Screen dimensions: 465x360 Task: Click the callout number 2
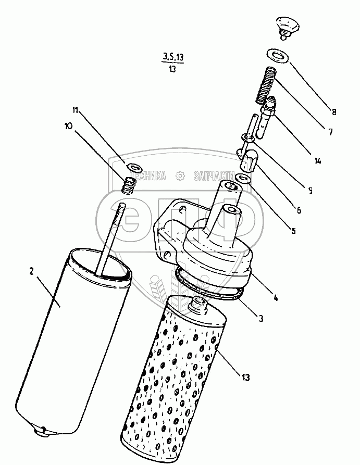coord(31,271)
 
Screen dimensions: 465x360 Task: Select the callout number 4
coord(276,298)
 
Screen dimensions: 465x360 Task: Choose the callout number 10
coord(68,126)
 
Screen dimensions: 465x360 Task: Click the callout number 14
coord(318,161)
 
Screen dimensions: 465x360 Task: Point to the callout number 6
coord(298,210)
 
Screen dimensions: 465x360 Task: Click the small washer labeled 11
coord(134,168)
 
